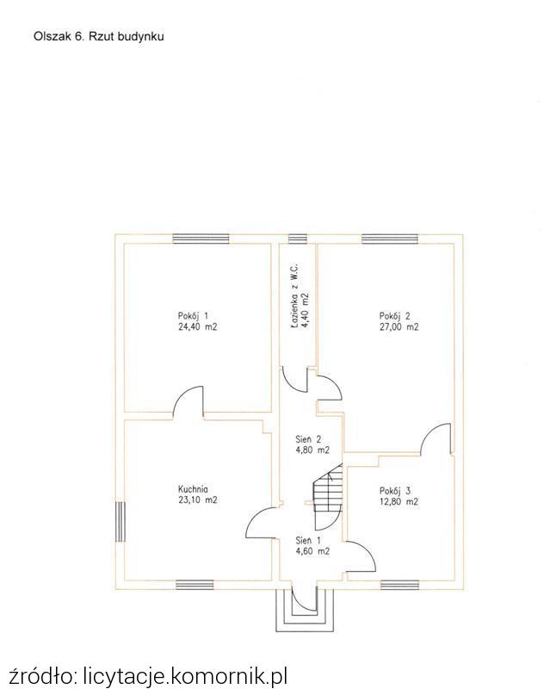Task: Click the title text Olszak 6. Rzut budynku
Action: pyautogui.click(x=99, y=36)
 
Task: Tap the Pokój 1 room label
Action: pyautogui.click(x=193, y=316)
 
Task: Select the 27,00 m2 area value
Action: pyautogui.click(x=398, y=327)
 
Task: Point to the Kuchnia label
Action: pyautogui.click(x=193, y=488)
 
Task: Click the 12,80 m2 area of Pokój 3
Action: pyautogui.click(x=398, y=501)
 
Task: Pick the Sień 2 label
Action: pyautogui.click(x=308, y=439)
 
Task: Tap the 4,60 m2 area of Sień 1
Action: pyautogui.click(x=312, y=551)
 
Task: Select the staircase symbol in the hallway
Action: pyautogui.click(x=328, y=496)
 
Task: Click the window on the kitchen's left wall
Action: pyautogui.click(x=120, y=522)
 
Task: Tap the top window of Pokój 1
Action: pyautogui.click(x=201, y=239)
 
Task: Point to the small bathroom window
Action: pyautogui.click(x=297, y=239)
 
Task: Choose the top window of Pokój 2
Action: pyautogui.click(x=390, y=239)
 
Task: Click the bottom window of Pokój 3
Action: pyautogui.click(x=399, y=585)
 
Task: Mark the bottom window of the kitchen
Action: pyautogui.click(x=195, y=585)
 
